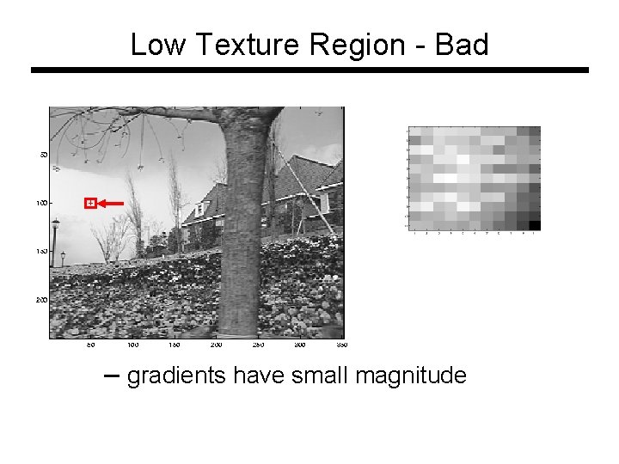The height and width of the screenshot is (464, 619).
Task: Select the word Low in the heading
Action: pos(156,44)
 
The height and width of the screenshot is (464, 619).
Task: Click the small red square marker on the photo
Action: pos(89,203)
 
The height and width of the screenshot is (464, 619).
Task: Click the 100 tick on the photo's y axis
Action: pos(41,203)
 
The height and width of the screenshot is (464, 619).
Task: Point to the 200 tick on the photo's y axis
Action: pos(41,300)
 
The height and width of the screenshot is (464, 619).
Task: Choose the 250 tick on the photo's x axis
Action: pos(258,345)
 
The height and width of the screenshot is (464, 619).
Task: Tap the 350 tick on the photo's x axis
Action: pos(341,345)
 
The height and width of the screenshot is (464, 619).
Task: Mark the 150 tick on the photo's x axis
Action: pos(175,345)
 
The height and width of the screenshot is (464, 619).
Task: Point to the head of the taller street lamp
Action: pos(56,223)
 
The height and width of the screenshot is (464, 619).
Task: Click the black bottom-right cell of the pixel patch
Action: pos(534,225)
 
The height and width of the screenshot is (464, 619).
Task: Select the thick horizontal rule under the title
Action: pos(309,70)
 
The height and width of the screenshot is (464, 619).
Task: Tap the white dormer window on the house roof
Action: pos(324,202)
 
